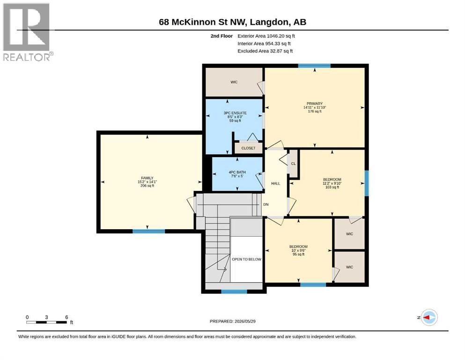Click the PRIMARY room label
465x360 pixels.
(315, 104)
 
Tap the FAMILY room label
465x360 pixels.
(147, 178)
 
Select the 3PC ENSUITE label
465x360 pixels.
(235, 113)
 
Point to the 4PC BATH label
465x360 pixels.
(237, 172)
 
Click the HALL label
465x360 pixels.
(275, 183)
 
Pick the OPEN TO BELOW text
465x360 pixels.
(246, 259)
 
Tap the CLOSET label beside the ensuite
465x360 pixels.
(248, 148)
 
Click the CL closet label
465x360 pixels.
(293, 164)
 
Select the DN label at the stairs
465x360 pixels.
(266, 204)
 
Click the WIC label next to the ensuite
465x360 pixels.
(234, 82)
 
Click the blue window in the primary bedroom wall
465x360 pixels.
(314, 66)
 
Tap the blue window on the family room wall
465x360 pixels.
(148, 231)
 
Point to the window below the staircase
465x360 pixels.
(234, 292)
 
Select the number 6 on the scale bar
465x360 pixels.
(66, 317)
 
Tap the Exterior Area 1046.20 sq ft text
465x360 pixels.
(266, 36)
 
